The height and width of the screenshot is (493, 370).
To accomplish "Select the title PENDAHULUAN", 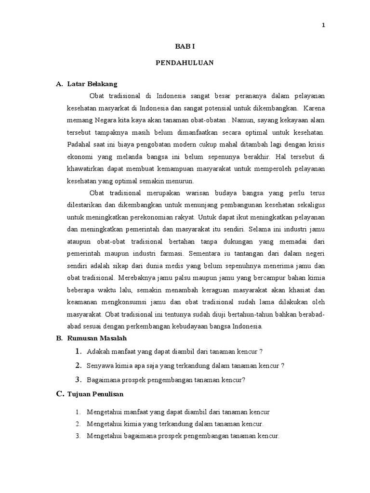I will coord(185,63).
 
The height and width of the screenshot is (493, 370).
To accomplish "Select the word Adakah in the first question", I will coord(98,351).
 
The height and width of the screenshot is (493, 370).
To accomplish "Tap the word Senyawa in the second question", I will coord(99,365).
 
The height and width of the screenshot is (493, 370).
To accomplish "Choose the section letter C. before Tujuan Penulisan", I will coord(60,394).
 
